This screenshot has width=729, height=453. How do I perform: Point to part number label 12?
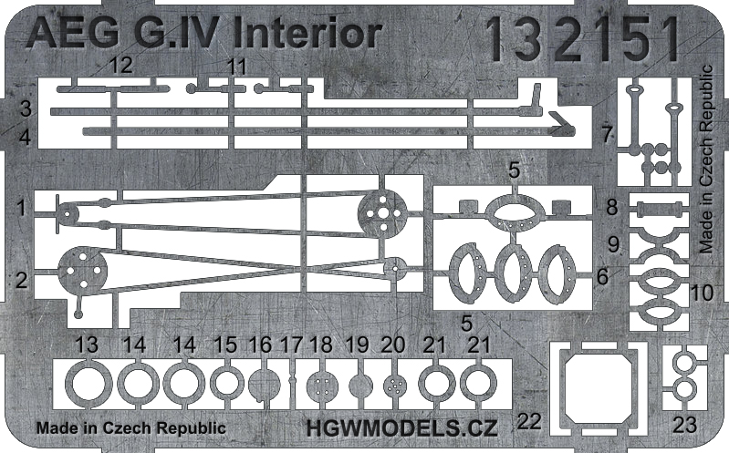point(120,66)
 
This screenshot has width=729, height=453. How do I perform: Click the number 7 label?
point(608,135)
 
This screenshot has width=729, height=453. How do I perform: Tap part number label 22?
point(528,421)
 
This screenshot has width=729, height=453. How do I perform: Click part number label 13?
point(87,345)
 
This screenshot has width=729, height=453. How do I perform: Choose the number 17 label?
point(291,345)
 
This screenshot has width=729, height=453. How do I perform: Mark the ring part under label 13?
point(88,383)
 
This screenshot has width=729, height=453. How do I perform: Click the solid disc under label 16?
point(262,383)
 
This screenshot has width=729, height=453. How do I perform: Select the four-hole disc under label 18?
point(318,384)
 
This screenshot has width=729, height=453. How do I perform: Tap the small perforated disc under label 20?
point(393,384)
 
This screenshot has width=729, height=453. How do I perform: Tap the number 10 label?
point(702,293)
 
